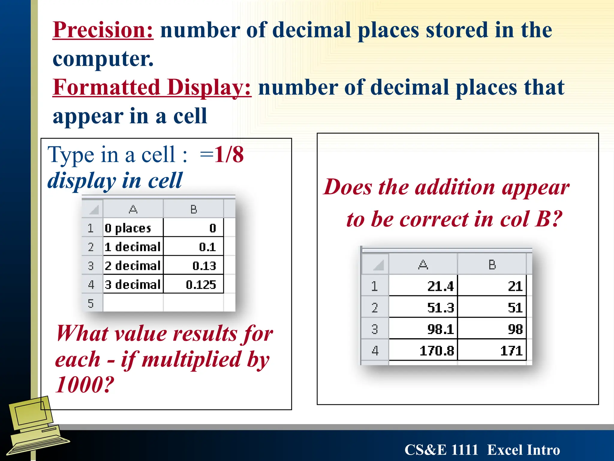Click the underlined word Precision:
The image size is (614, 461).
click(x=103, y=30)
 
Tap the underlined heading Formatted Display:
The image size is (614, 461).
click(x=152, y=87)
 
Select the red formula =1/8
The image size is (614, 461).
click(x=222, y=155)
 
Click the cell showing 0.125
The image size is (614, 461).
click(x=194, y=284)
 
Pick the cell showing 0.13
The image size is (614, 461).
click(x=194, y=266)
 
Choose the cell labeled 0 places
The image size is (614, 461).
click(x=133, y=228)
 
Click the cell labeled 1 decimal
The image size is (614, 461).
click(x=133, y=247)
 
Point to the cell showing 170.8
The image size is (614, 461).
click(x=423, y=350)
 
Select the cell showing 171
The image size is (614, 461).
click(x=492, y=350)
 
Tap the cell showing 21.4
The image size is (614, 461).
click(x=423, y=286)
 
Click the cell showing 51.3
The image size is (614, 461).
click(x=423, y=307)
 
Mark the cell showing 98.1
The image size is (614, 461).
click(x=423, y=329)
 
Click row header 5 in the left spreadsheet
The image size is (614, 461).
click(x=91, y=303)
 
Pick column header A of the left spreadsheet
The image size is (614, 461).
click(x=133, y=209)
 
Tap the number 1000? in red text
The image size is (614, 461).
click(x=85, y=384)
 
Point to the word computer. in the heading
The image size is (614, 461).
click(x=103, y=59)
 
